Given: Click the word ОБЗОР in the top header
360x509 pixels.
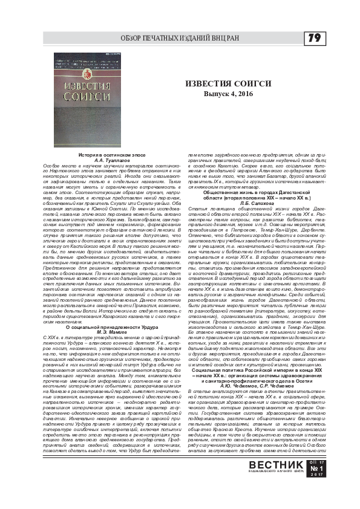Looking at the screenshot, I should click(135, 38).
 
